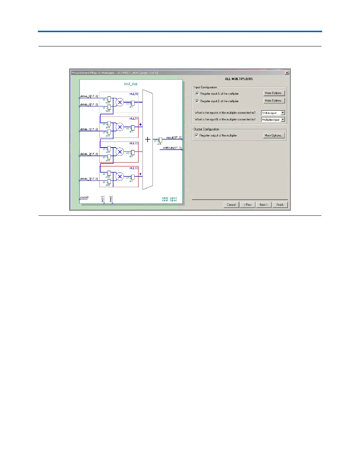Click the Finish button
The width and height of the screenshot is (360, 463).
click(x=280, y=205)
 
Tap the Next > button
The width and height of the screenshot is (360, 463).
click(x=264, y=205)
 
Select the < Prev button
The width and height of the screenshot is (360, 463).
click(x=247, y=205)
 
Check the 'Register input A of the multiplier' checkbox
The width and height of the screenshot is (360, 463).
click(x=197, y=94)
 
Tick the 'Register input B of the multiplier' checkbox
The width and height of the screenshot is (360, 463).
click(x=197, y=101)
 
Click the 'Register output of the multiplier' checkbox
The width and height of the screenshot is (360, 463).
click(x=196, y=135)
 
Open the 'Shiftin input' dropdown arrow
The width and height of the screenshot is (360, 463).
click(x=282, y=113)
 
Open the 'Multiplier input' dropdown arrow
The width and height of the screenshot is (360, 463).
click(x=282, y=120)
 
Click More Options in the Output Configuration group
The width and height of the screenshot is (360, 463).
click(x=274, y=135)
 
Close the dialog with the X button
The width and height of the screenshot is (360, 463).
click(x=287, y=73)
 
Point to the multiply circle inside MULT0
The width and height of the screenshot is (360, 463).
click(x=120, y=103)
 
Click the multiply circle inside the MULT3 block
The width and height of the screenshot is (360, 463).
click(x=120, y=176)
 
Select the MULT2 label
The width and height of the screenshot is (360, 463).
click(x=134, y=144)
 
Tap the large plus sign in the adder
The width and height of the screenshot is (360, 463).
click(x=147, y=139)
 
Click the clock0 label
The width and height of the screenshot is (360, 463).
click(x=84, y=198)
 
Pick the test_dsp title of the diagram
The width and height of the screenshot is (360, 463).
click(x=131, y=84)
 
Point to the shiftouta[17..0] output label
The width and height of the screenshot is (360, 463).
click(x=172, y=148)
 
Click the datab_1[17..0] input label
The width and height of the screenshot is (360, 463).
click(x=89, y=129)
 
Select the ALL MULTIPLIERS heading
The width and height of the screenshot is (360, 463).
click(x=239, y=79)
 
